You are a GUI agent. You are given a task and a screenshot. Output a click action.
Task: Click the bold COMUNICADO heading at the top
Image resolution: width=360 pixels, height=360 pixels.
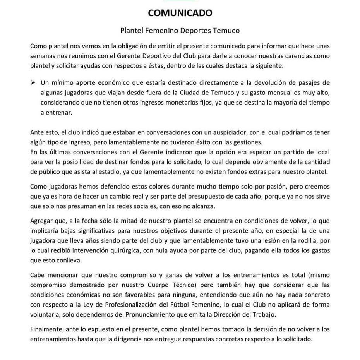click(x=180, y=13)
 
